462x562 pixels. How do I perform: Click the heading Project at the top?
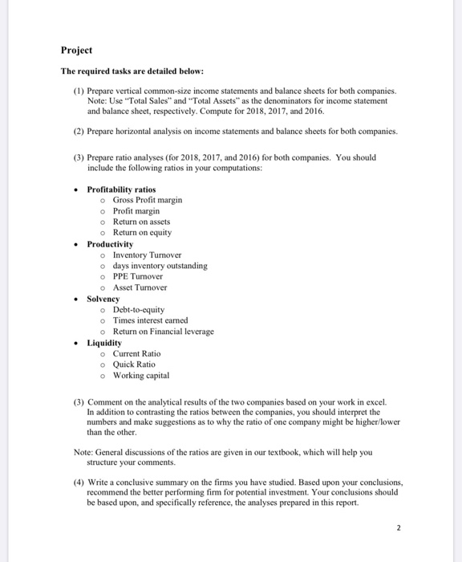coord(76,50)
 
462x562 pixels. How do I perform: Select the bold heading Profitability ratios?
coord(121,189)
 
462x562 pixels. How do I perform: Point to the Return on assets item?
coord(141,222)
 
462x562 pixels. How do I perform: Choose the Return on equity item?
coord(141,233)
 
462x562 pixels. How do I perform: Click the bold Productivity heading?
coord(110,243)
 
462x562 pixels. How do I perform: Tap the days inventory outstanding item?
coord(160,266)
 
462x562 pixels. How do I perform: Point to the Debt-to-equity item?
coord(138,309)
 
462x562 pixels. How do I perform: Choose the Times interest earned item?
coord(149,320)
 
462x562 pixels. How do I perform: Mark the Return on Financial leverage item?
coord(163,332)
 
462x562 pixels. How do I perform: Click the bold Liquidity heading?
coord(104,343)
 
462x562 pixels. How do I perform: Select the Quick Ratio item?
coord(134,364)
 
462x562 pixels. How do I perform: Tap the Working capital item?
coord(140,375)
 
